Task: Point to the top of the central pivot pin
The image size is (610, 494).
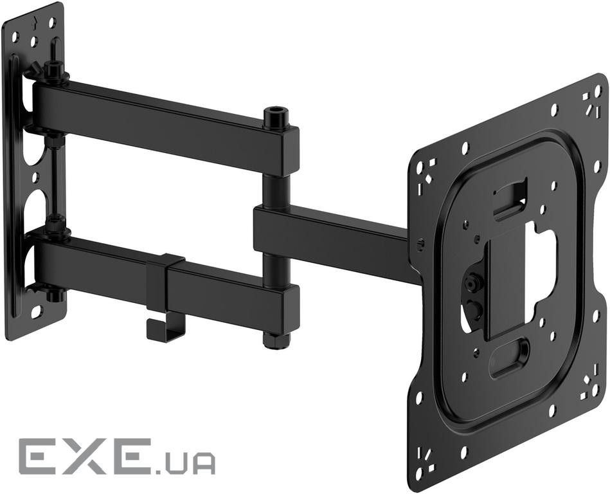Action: pos(275,113)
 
